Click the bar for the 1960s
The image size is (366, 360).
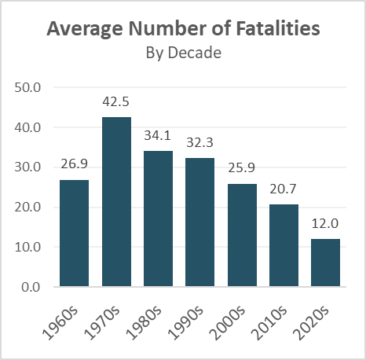[75, 233]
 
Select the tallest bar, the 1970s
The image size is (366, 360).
[116, 202]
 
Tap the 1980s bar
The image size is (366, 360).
[158, 219]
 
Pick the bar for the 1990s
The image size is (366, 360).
[200, 222]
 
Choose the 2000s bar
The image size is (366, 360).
[242, 235]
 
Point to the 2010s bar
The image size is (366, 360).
[284, 245]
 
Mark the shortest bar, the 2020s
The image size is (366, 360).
[325, 263]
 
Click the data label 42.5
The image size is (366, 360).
[116, 102]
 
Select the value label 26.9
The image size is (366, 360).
[75, 165]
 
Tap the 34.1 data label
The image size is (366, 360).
[158, 136]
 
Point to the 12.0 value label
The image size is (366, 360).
[325, 224]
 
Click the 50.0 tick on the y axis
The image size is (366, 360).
[28, 87]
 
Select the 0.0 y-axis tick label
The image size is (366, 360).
[32, 287]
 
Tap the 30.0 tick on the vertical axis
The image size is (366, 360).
[28, 167]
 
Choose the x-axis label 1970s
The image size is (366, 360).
[109, 317]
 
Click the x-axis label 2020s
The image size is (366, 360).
[318, 317]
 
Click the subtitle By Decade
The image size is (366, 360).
[183, 53]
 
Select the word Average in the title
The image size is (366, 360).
[82, 31]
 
